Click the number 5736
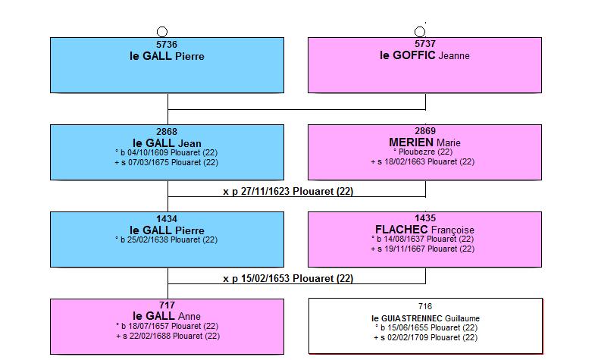click(x=167, y=45)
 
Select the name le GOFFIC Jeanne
click(x=424, y=55)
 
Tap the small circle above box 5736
click(x=162, y=32)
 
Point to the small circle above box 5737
click(x=420, y=32)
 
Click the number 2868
click(x=167, y=132)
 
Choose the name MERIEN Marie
click(x=424, y=142)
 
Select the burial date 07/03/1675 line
click(x=167, y=162)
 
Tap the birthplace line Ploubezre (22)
click(x=423, y=152)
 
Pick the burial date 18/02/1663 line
click(x=423, y=161)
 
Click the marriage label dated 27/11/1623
click(x=288, y=191)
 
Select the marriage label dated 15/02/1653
click(x=288, y=278)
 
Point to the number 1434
click(x=167, y=219)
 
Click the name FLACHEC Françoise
click(x=424, y=230)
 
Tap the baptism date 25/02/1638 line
click(x=166, y=239)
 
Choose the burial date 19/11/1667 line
click(x=423, y=249)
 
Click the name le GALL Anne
click(x=167, y=316)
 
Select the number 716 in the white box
click(x=425, y=306)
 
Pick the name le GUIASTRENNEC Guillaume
click(x=425, y=318)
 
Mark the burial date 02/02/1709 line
click(x=425, y=337)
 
